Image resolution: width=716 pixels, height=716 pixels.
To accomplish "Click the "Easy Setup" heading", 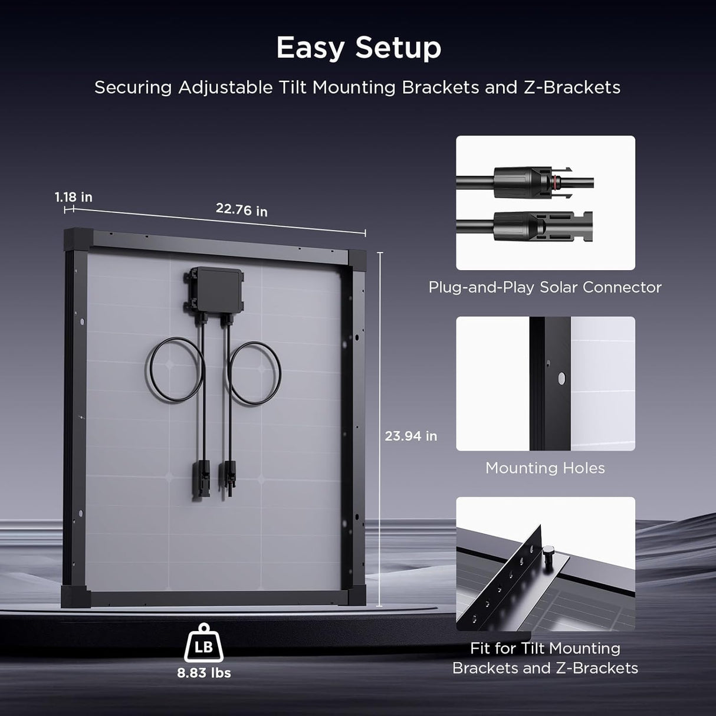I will [359, 47].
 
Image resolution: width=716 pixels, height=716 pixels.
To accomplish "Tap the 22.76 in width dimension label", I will [241, 209].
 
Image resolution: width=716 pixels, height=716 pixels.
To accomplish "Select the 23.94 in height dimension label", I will [410, 436].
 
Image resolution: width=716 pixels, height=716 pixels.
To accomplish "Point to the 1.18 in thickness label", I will [74, 197].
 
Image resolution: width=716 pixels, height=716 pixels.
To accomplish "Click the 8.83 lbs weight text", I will [204, 673].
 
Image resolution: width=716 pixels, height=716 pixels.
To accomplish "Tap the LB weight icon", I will [203, 645].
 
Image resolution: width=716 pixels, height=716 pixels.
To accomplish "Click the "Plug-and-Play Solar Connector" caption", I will [545, 287].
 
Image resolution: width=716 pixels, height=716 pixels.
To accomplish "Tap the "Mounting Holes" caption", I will [545, 468].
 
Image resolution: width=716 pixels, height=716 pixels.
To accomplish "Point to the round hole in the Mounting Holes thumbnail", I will [561, 377].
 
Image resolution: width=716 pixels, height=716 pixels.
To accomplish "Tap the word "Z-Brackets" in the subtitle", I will [572, 87].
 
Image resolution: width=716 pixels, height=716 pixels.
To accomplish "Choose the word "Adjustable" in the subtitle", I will [225, 87].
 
